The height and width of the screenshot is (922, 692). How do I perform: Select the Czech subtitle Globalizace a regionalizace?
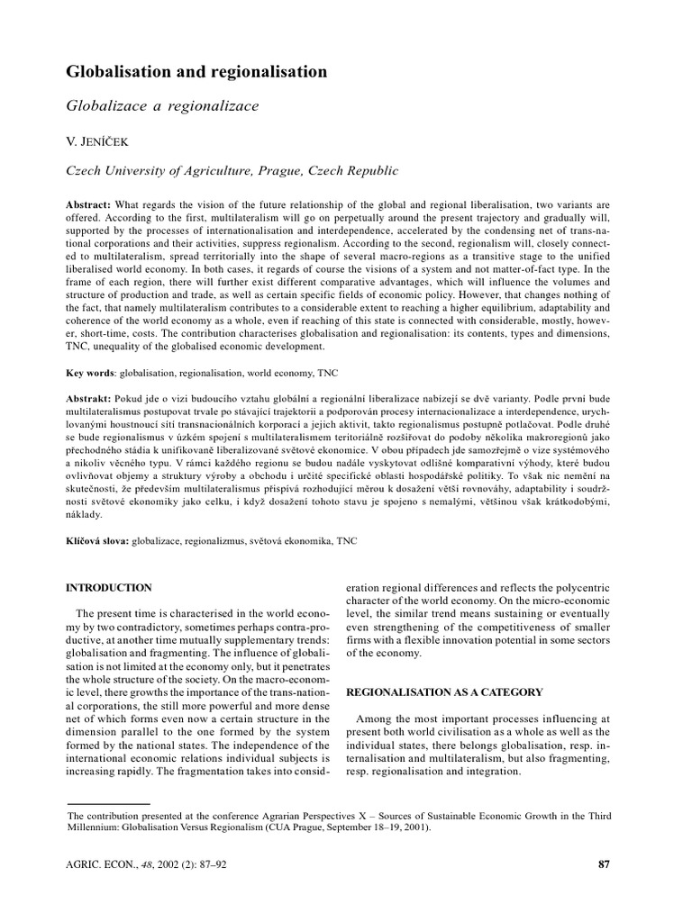coord(163,106)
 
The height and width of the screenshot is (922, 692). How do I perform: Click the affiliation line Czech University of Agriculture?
coord(220,170)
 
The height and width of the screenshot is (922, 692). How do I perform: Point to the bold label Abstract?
coord(93,204)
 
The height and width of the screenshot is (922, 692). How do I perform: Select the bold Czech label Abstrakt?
coord(94,398)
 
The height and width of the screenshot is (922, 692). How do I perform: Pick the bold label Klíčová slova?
coord(98,543)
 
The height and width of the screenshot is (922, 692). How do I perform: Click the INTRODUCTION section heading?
coord(110,588)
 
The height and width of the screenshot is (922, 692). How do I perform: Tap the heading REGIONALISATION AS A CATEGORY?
coord(444,691)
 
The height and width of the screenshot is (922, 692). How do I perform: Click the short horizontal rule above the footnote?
coord(109,802)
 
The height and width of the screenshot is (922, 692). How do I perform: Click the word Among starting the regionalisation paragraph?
coord(377,719)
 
